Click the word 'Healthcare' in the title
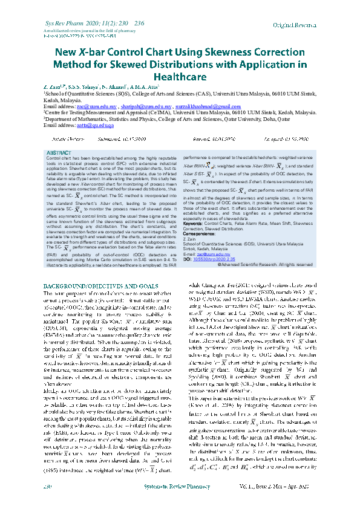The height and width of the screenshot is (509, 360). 180,77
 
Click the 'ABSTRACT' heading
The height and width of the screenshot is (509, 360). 59,154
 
